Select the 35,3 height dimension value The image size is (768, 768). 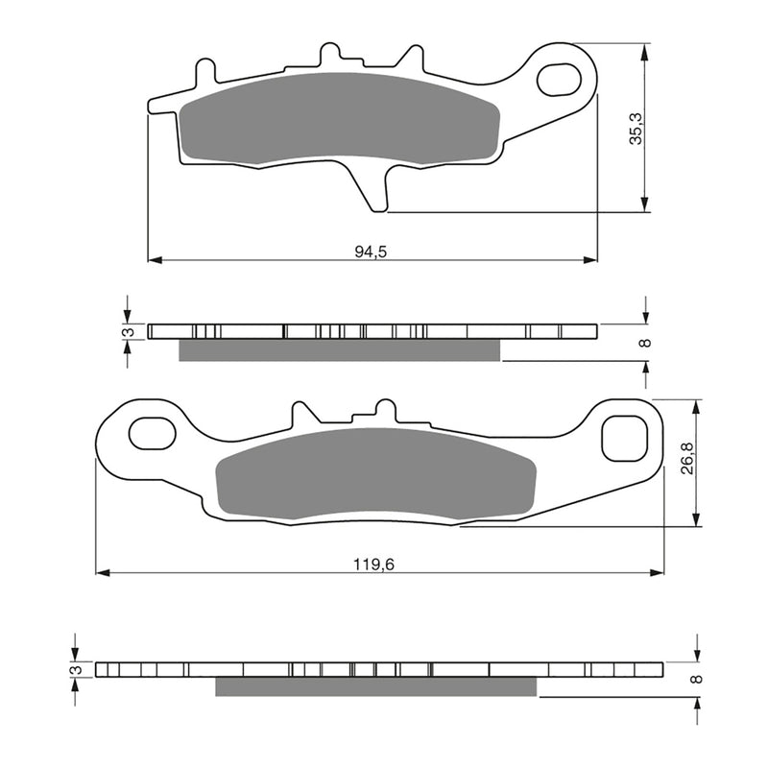635,127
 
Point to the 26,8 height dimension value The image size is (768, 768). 688,463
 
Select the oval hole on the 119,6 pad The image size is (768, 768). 152,434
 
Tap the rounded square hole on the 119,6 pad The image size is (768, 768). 621,438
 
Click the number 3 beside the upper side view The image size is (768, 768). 124,332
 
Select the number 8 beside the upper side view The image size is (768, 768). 645,342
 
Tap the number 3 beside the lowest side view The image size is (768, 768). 72,669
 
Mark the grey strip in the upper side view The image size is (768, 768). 340,350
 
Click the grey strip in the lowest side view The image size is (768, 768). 375,686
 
